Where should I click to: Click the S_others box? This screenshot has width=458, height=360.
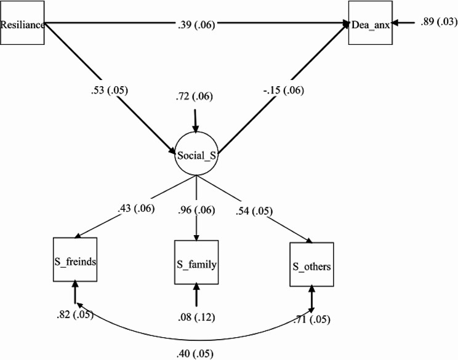[x=312, y=265]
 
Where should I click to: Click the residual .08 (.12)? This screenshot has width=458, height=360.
[x=196, y=316]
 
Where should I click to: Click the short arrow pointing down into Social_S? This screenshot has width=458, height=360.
[x=196, y=119]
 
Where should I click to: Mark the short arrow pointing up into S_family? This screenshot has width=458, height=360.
[x=196, y=295]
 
